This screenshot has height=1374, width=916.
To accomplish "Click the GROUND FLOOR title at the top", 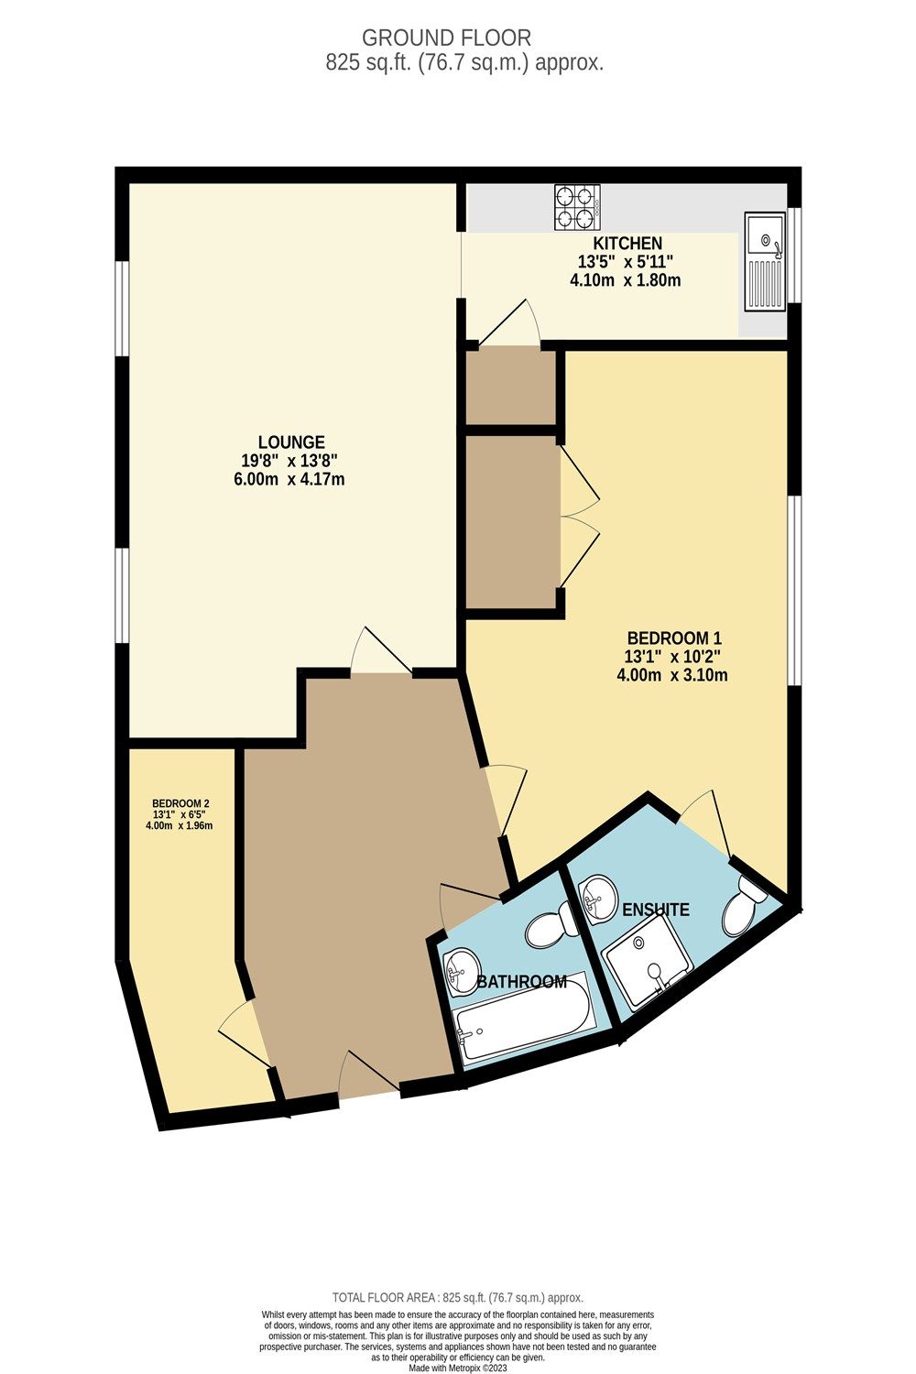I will click(x=446, y=38).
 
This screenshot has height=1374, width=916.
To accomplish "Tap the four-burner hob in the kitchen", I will click(x=577, y=207).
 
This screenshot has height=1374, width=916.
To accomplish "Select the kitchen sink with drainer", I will click(x=764, y=260).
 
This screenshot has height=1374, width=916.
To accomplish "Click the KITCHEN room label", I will click(x=627, y=244).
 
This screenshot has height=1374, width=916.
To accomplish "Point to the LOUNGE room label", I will click(x=291, y=442).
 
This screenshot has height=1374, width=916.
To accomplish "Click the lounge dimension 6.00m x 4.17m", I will click(x=289, y=479).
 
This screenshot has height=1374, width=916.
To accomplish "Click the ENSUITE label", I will click(x=655, y=910).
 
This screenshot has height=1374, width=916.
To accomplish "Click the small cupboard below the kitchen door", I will click(x=510, y=387).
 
